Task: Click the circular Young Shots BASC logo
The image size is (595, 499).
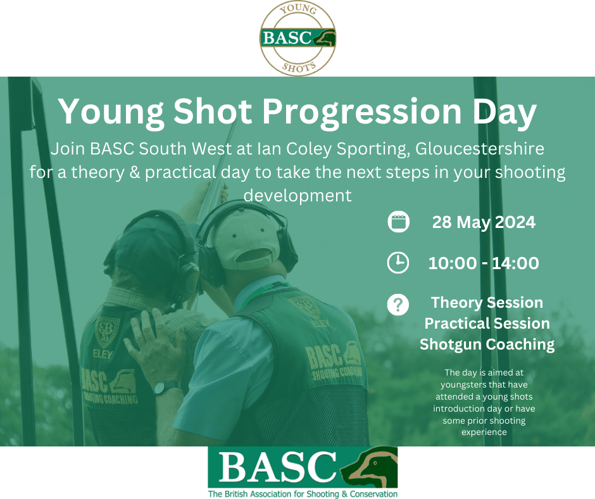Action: [297, 38]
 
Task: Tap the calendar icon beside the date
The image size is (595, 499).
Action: [398, 222]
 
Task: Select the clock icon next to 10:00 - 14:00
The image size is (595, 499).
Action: [398, 263]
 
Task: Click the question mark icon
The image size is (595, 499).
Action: [398, 305]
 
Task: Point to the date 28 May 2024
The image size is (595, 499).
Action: [484, 222]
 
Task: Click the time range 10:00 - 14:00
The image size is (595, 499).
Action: [484, 263]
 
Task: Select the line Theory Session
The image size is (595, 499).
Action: [487, 303]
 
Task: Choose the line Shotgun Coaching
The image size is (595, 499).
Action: [487, 344]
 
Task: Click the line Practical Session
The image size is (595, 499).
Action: [487, 324]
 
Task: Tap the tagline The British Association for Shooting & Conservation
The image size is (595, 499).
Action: [303, 493]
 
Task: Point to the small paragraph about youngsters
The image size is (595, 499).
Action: [484, 402]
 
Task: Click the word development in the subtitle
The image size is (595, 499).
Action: [297, 195]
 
